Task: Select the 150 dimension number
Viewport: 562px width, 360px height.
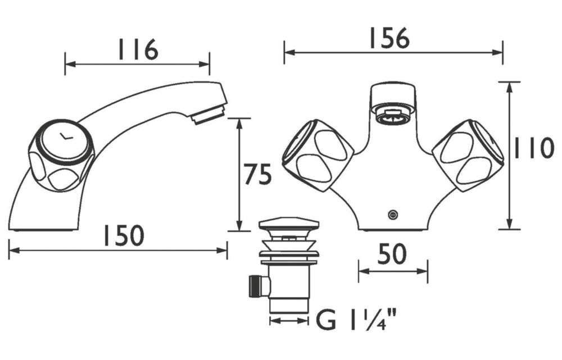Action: [x=124, y=235]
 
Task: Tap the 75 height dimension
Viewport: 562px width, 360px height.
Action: [x=257, y=174]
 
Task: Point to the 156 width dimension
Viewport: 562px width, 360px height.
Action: [x=389, y=38]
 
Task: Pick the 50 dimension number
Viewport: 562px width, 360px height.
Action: [x=392, y=254]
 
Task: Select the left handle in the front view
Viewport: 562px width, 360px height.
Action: [x=318, y=155]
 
